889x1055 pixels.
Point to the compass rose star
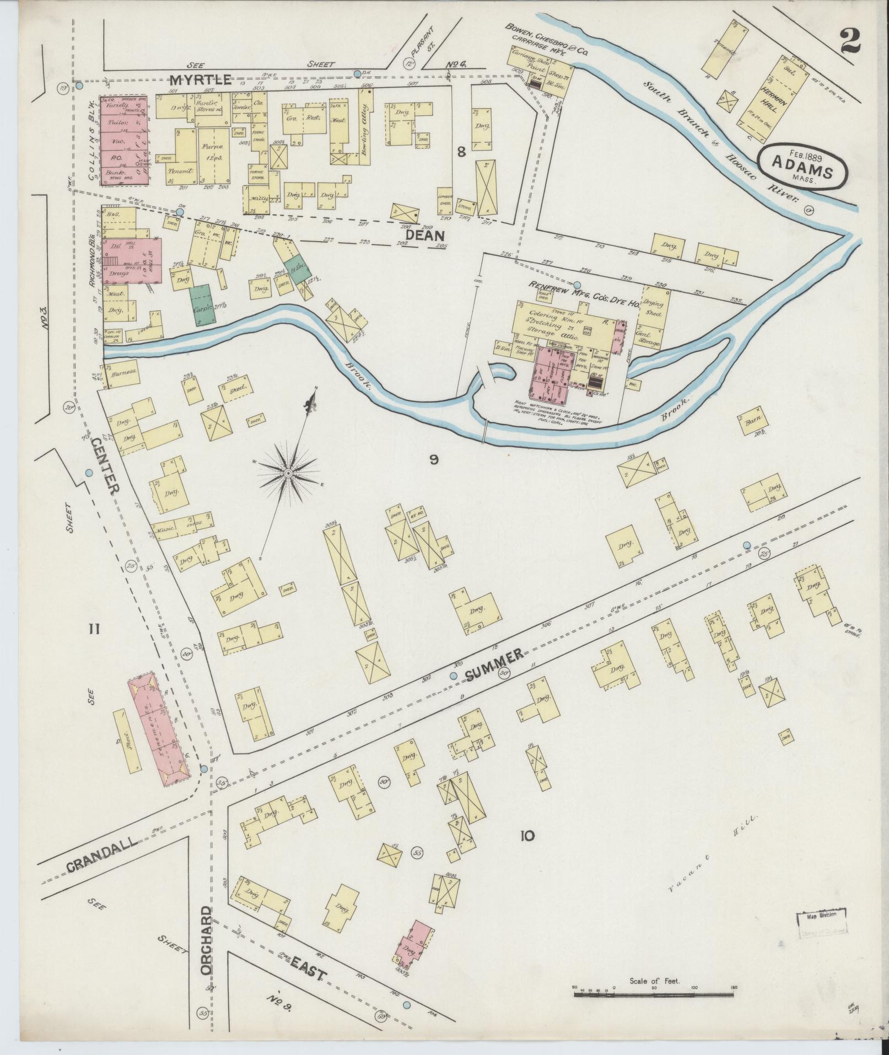click(288, 473)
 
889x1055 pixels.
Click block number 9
click(434, 459)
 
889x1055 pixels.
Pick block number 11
click(94, 628)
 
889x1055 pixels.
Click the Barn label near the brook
click(752, 420)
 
